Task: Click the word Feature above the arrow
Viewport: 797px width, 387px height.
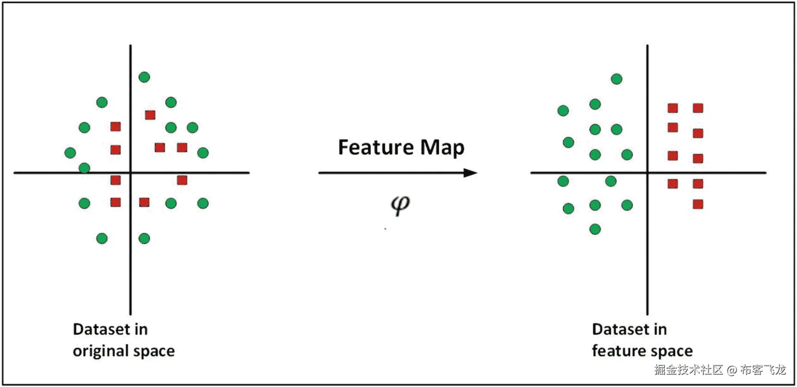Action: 375,147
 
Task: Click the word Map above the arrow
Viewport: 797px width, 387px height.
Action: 442,148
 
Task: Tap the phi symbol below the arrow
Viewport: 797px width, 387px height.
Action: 400,204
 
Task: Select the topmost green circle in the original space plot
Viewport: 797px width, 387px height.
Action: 144,77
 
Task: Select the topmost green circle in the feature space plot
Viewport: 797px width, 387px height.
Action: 616,79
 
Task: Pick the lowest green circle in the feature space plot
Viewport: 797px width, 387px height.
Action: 595,229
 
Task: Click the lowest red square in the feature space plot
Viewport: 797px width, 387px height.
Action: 698,204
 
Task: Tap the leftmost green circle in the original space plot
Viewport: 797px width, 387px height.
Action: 70,153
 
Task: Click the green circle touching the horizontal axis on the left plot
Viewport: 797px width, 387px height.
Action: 84,168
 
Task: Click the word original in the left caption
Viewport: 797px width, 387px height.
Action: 100,351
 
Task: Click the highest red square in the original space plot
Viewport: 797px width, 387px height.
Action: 150,115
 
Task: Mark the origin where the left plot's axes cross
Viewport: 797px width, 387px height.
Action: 130,173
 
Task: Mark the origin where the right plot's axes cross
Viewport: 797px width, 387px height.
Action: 647,173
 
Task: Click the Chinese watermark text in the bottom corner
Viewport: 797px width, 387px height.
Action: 688,370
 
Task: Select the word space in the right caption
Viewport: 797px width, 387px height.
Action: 672,351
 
